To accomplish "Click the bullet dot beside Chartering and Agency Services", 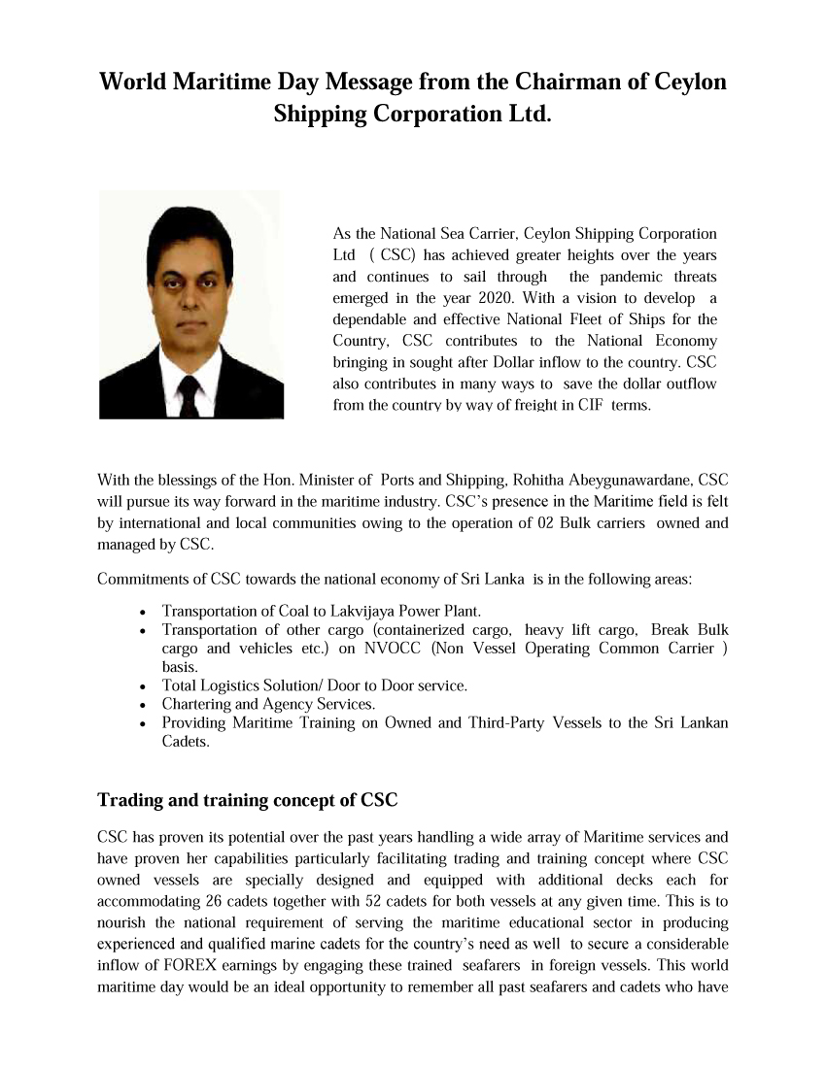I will point(143,705).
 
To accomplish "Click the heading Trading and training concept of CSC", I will point(248,802).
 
